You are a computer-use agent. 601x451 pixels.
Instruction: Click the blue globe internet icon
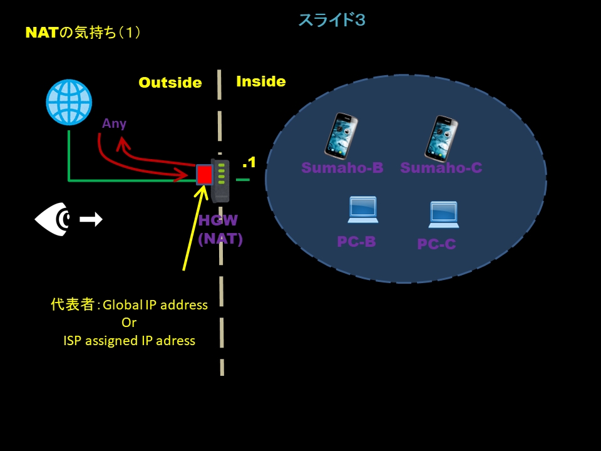point(69,102)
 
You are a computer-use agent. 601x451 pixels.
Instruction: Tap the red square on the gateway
point(204,175)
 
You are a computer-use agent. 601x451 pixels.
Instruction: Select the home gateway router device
point(220,180)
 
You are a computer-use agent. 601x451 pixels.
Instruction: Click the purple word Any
point(115,123)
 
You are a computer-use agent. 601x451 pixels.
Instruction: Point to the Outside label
point(170,83)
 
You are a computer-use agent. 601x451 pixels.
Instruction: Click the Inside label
point(261,81)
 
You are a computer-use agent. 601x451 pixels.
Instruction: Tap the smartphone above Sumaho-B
point(341,136)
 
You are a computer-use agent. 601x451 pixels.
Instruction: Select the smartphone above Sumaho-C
point(441,138)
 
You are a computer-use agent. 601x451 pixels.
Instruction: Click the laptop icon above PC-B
point(363,210)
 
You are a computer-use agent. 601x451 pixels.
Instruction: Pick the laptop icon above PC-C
point(444,214)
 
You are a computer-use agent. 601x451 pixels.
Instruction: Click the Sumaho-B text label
point(342,167)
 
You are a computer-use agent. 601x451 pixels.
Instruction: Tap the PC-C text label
point(436,244)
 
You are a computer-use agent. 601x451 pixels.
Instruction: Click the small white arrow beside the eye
point(91,219)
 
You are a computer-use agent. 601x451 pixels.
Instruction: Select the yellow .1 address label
point(249,162)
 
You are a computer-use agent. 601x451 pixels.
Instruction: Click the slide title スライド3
point(332,20)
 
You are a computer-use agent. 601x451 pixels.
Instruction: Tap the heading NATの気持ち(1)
point(83,33)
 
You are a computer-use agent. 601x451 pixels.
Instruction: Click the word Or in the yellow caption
point(129,323)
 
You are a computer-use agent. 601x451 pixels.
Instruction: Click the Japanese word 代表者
point(73,305)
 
